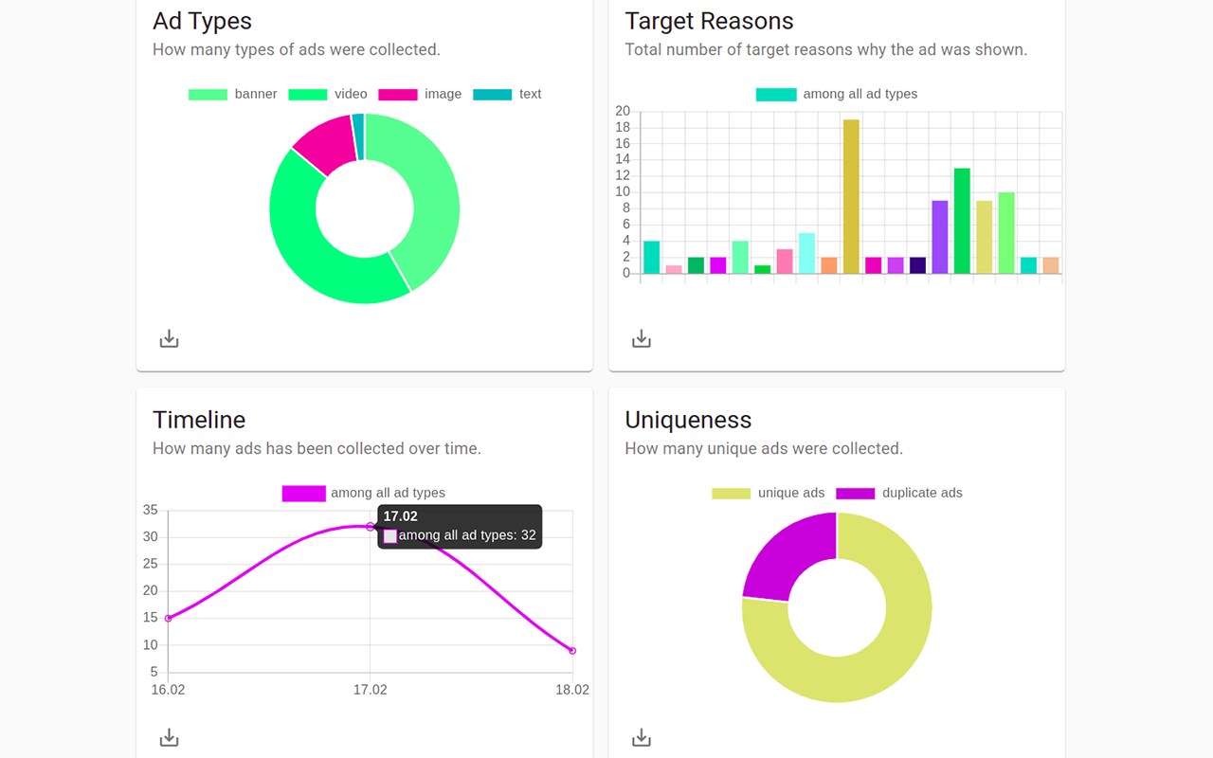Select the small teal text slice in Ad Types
point(358,136)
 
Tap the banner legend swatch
point(208,94)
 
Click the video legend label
point(351,94)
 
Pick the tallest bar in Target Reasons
point(851,196)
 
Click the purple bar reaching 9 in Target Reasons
point(939,237)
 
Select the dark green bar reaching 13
point(962,221)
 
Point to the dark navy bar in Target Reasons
point(917,265)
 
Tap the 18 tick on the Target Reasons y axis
point(623,127)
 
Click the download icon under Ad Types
point(169,338)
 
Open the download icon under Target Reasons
point(642,338)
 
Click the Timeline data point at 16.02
point(168,619)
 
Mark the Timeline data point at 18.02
point(572,651)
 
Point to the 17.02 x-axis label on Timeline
point(371,690)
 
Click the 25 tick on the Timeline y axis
point(150,564)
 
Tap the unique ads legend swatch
point(731,494)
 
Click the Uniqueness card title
point(688,420)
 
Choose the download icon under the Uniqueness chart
point(642,737)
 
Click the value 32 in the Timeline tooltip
point(528,535)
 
